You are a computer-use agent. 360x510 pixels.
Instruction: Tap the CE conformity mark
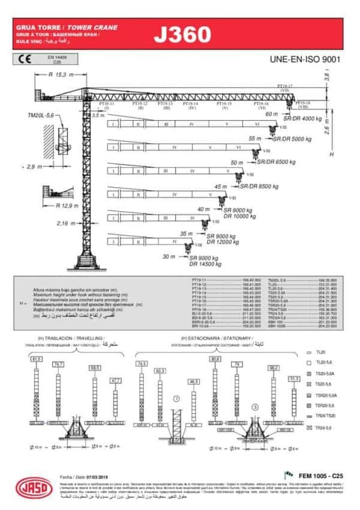point(26,59)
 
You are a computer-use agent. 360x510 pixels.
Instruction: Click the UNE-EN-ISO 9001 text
point(305,59)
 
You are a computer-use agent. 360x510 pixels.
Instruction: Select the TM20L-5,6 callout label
point(41,115)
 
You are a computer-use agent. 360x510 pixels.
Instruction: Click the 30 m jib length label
point(169,257)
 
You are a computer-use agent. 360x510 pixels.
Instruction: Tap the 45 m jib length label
point(221,187)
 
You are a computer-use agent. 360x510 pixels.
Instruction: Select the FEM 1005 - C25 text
point(319,475)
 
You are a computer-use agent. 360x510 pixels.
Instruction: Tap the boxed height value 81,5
point(37,359)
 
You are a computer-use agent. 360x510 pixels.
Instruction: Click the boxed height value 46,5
point(194,382)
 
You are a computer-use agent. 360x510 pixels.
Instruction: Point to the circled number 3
point(254,407)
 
